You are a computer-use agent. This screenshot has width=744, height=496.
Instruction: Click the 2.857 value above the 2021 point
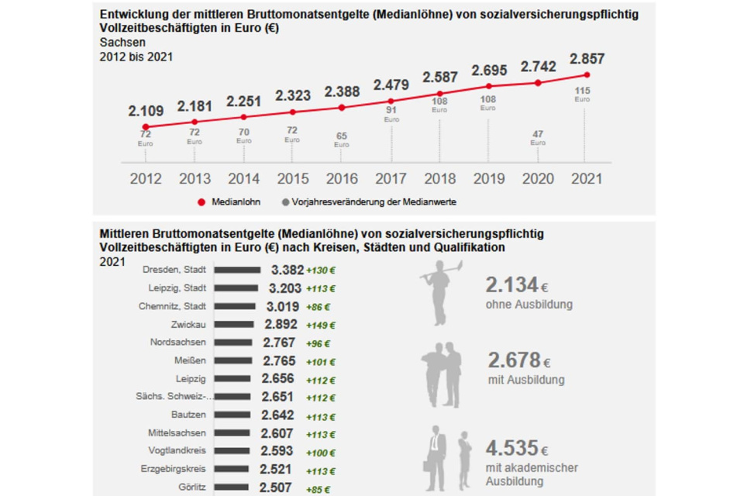tap(587, 59)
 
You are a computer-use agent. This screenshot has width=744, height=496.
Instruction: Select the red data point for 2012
tap(146, 126)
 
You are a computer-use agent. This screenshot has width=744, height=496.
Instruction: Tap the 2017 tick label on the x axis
tap(391, 179)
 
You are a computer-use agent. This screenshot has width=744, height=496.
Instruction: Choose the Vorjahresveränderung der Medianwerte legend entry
tap(369, 201)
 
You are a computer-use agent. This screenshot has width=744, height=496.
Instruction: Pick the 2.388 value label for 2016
tap(342, 92)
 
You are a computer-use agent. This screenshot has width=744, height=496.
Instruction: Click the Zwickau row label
tap(188, 324)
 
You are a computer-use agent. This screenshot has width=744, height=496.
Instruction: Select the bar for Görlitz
tap(231, 488)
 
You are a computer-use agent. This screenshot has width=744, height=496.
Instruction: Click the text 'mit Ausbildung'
tap(525, 380)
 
